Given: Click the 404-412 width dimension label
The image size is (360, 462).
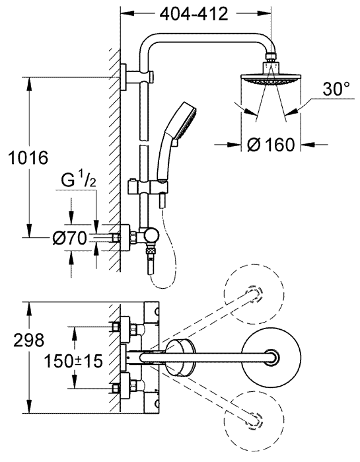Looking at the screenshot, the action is [194, 14].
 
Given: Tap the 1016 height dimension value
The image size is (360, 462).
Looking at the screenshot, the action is [28, 157].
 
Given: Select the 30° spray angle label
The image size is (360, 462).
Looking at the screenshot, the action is [336, 89].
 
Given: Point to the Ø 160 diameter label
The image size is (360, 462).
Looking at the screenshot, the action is [271, 144].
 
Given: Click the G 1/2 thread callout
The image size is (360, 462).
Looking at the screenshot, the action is [79, 180].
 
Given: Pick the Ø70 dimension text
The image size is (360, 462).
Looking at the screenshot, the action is [70, 238].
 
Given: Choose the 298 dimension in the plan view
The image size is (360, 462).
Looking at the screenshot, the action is [29, 340].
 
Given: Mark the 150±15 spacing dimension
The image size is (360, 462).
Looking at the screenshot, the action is [73, 361].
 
